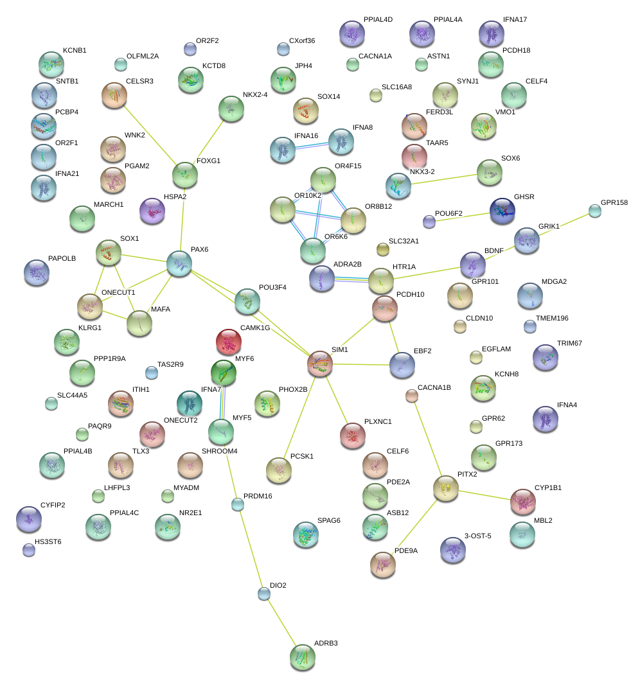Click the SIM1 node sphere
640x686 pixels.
coord(320,364)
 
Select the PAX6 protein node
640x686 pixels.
coord(179,264)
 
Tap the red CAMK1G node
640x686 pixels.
coord(228,342)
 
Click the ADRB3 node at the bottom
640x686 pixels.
coord(303,657)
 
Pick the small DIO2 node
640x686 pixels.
coord(264,594)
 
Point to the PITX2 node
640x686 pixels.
coord(446,489)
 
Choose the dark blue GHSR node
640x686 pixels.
coord(502,211)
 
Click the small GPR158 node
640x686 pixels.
coord(595,211)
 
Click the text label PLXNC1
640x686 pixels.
coord(378,421)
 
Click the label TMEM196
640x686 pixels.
coord(552,318)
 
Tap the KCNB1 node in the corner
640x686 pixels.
coord(51,64)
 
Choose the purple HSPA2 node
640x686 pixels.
coord(153,211)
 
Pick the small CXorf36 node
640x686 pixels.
coord(283,48)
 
